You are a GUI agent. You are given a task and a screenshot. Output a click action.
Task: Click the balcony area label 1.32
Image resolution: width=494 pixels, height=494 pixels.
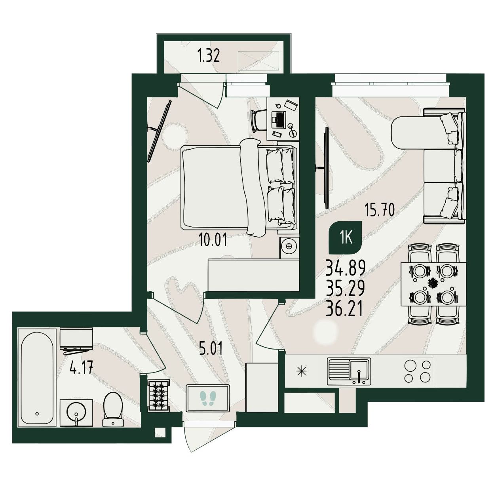(x=208, y=56)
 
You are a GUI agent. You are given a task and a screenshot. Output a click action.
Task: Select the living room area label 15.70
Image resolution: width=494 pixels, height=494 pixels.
(x=380, y=210)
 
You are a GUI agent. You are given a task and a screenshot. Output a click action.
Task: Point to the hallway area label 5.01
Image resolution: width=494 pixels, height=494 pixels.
(x=211, y=348)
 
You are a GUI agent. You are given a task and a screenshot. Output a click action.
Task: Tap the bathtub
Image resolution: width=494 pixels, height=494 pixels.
(x=37, y=378)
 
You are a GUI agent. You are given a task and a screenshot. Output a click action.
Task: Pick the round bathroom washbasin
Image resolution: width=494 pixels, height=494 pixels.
(x=76, y=412)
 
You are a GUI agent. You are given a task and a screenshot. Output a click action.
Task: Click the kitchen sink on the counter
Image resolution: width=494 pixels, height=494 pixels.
(x=349, y=371)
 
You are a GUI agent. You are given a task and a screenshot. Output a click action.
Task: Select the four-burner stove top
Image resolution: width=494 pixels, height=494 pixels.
(x=417, y=371)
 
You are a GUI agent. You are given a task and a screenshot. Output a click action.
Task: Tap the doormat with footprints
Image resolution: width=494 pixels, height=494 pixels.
(x=208, y=398)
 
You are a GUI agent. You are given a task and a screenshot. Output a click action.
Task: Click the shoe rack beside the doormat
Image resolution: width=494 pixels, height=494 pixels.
(x=159, y=396)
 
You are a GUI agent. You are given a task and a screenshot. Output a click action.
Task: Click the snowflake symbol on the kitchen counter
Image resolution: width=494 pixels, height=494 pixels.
(x=302, y=371)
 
